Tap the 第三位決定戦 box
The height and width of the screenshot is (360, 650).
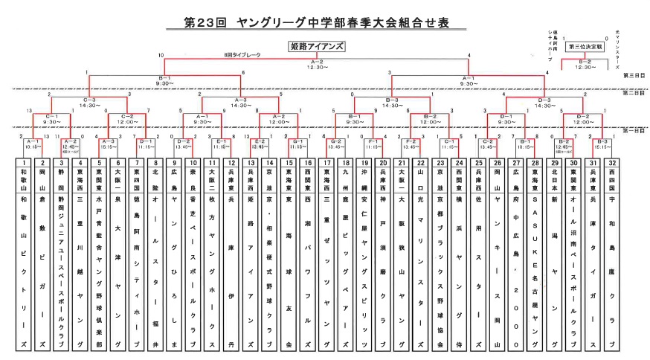(x=584, y=46)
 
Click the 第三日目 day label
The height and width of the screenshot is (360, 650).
(x=634, y=75)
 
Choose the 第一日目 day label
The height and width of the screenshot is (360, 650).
(x=634, y=130)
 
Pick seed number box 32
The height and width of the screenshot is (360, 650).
(x=611, y=162)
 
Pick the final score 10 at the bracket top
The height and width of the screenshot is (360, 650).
(x=161, y=56)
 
